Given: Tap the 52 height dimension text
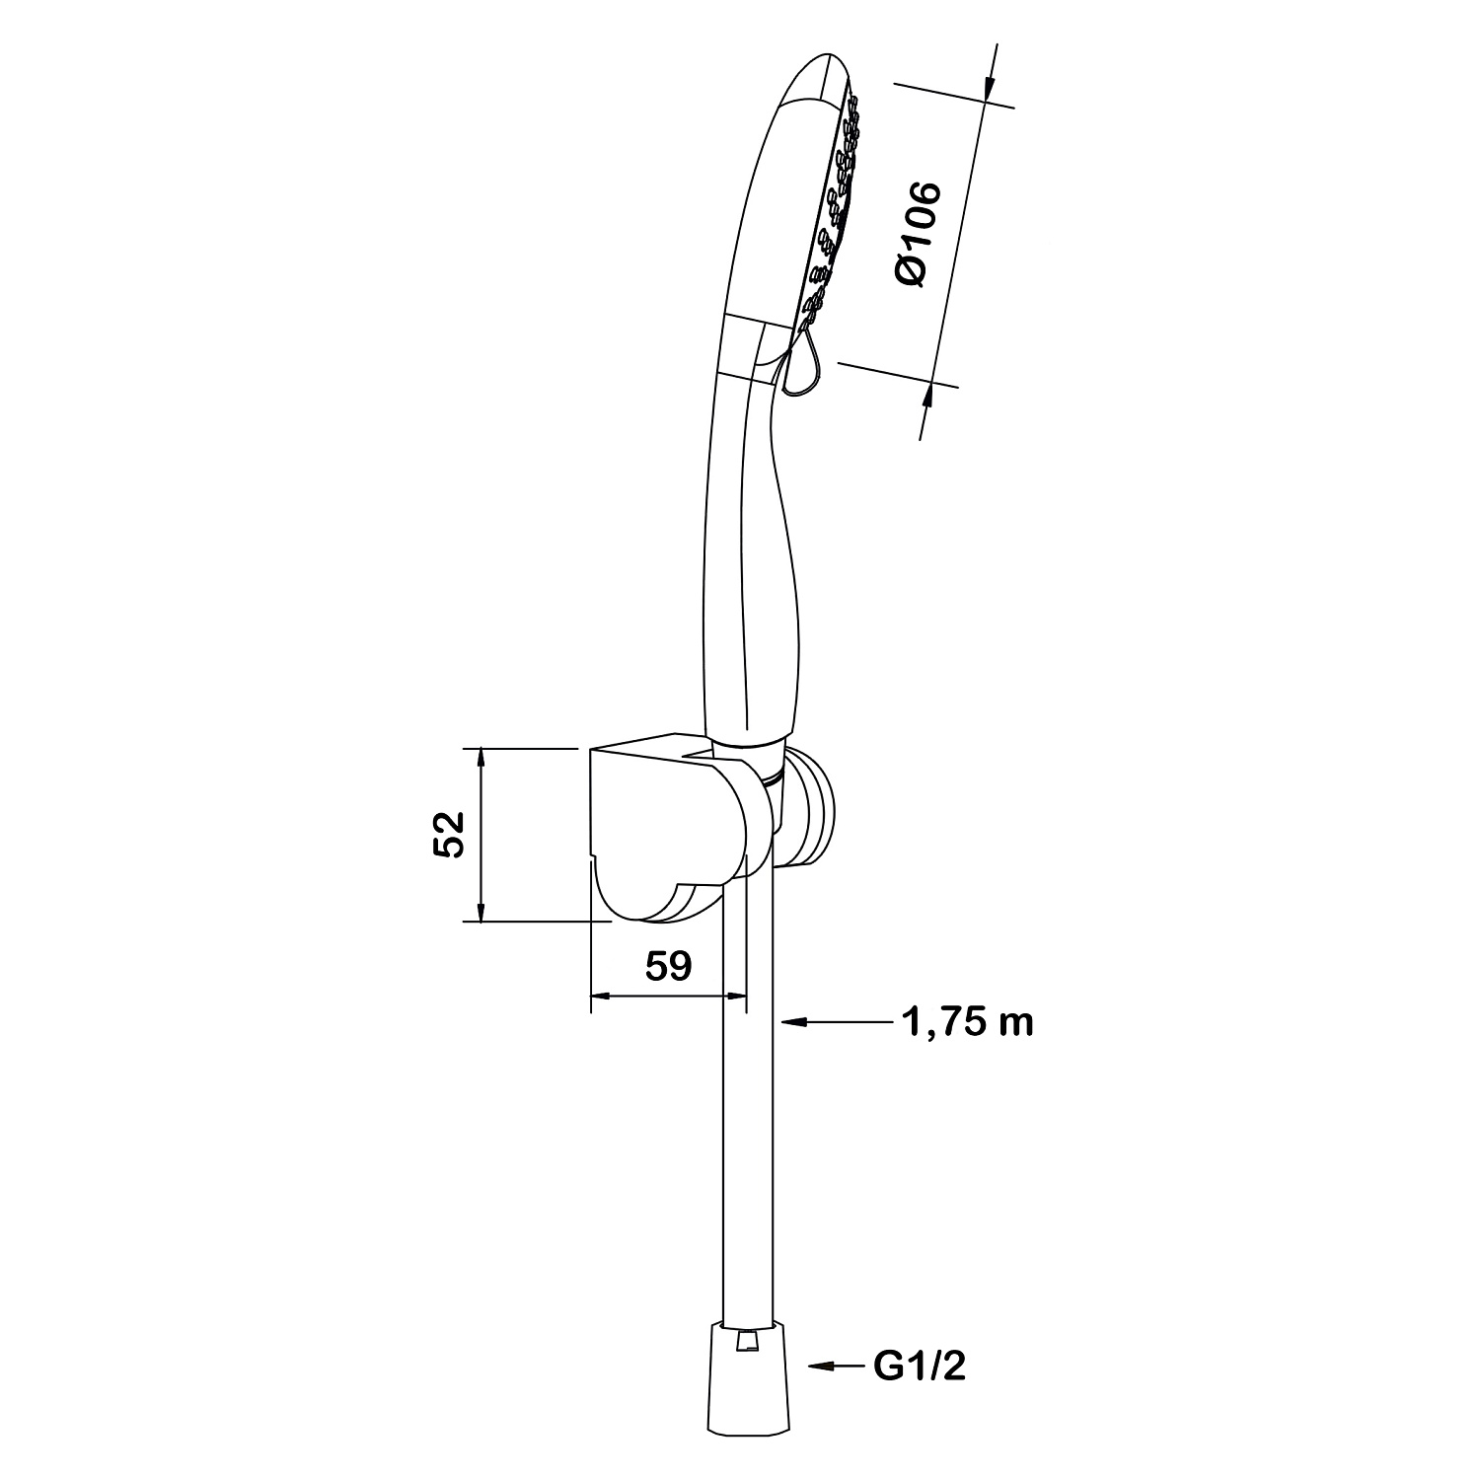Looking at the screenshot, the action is pos(449,835).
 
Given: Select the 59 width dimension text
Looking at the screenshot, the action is pos(668,967).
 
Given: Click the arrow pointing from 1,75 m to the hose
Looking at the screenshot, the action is pos(837,1024).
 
